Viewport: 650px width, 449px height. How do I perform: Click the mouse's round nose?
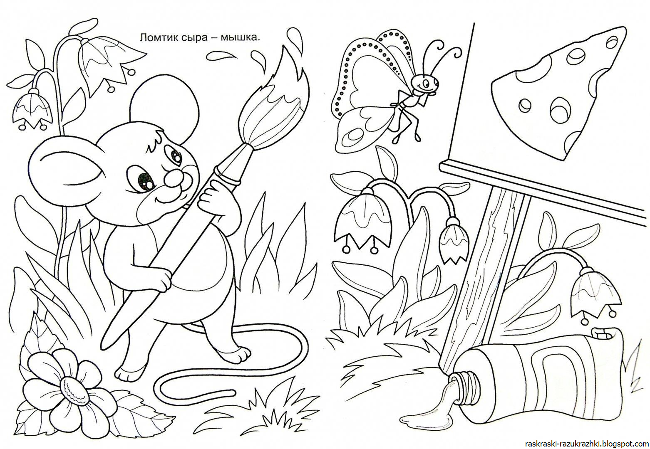(x=174, y=178)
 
